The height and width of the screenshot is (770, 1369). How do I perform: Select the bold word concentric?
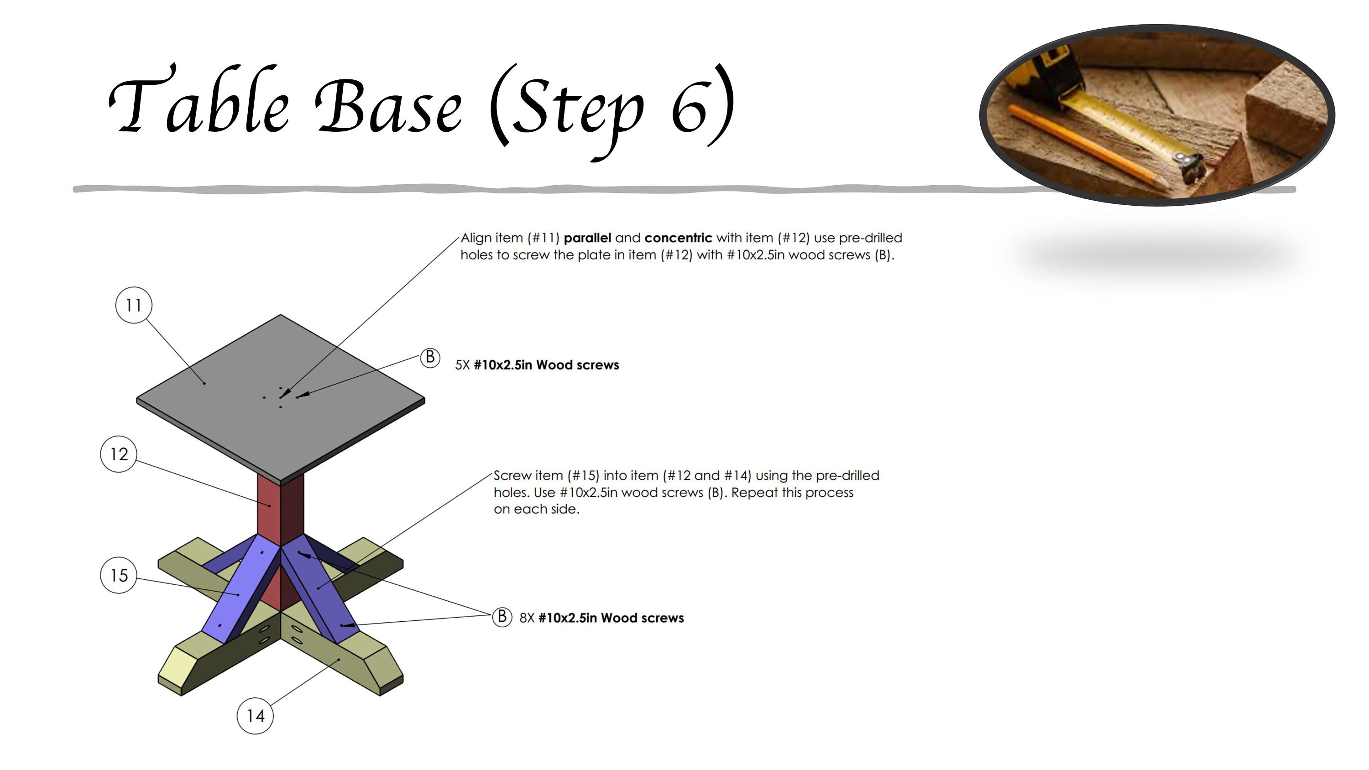point(678,238)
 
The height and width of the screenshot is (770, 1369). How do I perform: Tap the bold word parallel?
point(587,238)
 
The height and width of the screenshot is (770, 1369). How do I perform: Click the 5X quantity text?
point(462,365)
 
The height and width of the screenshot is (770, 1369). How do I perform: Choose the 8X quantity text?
point(527,618)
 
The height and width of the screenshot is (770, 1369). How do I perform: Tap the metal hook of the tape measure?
point(1191,165)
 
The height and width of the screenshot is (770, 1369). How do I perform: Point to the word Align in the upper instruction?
point(475,238)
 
